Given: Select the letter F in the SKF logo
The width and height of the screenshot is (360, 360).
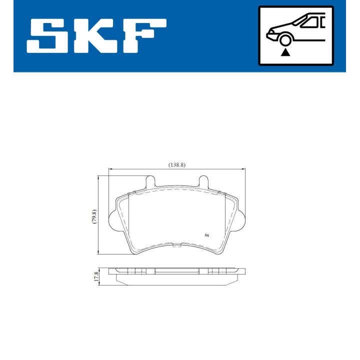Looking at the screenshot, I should tap(145, 36).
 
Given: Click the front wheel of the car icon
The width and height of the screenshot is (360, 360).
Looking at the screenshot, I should tap(285, 40).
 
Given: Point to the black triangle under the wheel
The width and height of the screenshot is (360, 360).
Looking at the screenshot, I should tap(285, 51).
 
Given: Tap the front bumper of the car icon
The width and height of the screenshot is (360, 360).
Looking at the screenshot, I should tap(270, 35).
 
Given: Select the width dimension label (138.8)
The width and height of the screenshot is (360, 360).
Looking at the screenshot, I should tap(177, 164).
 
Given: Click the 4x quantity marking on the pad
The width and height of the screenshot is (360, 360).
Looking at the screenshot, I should tap(206, 234).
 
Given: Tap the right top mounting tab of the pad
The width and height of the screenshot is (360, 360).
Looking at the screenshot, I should tap(204, 181).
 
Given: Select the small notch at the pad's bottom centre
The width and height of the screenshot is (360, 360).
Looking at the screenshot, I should tap(177, 245).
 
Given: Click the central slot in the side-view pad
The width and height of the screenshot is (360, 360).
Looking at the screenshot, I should tap(177, 271).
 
